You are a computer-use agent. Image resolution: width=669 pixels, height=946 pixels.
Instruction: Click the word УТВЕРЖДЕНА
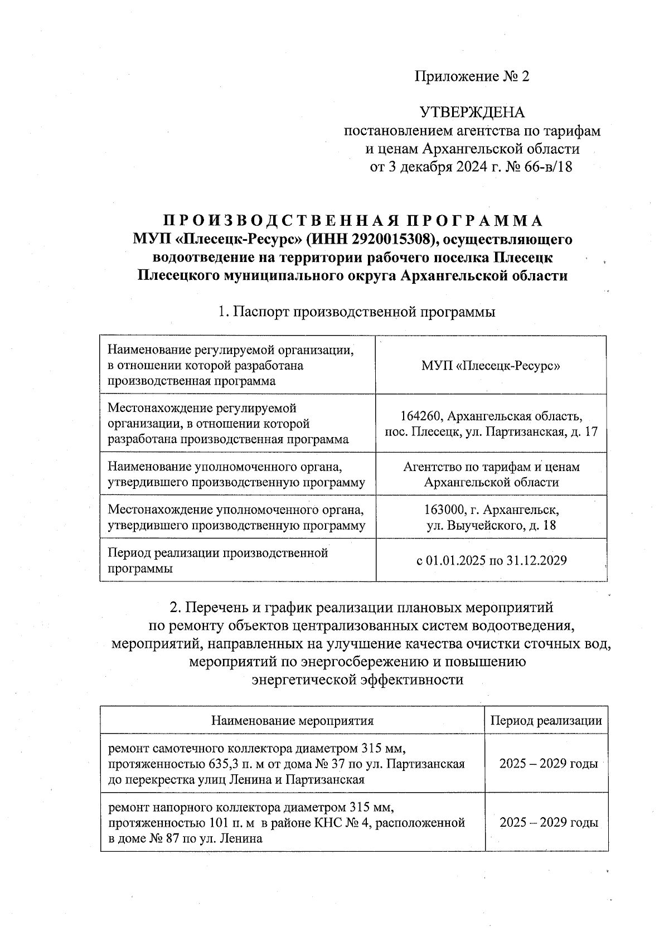pos(472,113)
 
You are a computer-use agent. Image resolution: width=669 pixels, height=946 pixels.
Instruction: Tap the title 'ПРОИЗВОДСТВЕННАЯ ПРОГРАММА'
pos(353,221)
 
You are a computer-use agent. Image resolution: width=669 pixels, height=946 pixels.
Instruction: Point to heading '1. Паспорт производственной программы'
pos(357,312)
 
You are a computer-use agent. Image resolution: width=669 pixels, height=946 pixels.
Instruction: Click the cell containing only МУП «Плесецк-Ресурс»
pos(491,366)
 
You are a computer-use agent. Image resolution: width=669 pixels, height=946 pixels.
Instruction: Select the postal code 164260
pos(421,416)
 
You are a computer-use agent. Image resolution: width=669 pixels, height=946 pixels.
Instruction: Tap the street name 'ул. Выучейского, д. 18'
pos(491,525)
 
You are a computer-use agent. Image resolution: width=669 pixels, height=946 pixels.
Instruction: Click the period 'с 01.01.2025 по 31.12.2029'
pos(491,560)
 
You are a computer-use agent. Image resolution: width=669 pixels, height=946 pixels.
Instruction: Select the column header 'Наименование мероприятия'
pos(292,720)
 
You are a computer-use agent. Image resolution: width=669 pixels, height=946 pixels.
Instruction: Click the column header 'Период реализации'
pos(546,720)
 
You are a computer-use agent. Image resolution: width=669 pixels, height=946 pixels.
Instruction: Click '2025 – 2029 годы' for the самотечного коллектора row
pos(549,763)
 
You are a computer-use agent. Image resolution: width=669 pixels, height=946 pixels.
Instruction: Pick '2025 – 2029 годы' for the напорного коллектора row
pos(549,822)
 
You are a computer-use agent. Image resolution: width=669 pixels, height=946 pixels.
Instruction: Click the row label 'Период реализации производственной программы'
pos(217,560)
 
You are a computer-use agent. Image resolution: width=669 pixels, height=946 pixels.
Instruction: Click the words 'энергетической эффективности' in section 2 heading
pos(357,680)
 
